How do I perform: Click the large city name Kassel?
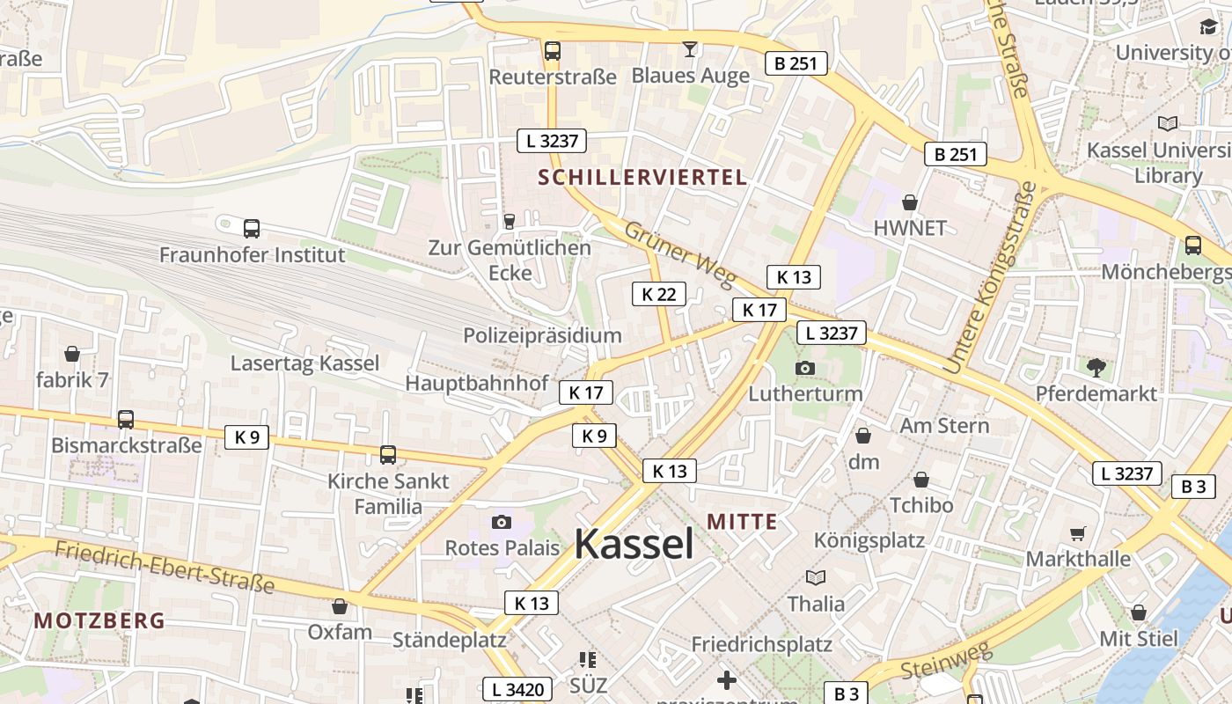pos(634,545)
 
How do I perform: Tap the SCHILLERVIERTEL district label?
pos(642,177)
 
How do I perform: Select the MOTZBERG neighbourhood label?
pos(99,620)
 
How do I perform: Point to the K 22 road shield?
pos(658,294)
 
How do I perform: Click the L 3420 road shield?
pos(518,689)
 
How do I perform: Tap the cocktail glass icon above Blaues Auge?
pos(691,49)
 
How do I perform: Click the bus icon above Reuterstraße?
pos(553,51)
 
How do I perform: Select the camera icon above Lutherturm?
pos(804,368)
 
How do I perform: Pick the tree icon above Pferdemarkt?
pos(1096,367)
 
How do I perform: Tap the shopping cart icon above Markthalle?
pos(1078,533)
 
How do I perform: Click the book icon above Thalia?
pos(816,578)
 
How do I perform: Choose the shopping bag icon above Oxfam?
pos(340,606)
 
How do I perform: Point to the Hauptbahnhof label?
pos(476,384)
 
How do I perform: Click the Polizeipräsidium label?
pos(542,335)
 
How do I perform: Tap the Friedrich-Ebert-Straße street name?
pos(165,568)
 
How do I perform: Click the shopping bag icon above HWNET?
pos(910,202)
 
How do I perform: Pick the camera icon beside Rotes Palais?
pos(502,522)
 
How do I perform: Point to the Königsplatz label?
pos(869,539)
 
